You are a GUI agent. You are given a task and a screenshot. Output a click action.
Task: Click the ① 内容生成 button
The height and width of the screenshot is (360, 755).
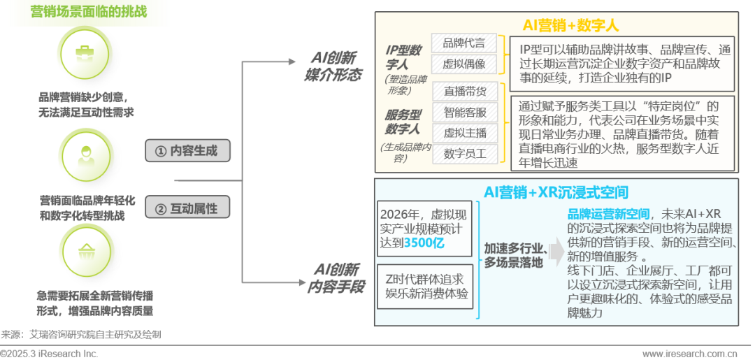point(187,150)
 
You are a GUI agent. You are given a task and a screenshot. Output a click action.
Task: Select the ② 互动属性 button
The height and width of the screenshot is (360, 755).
point(187,208)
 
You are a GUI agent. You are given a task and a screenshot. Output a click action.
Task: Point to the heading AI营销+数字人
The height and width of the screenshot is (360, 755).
point(570,25)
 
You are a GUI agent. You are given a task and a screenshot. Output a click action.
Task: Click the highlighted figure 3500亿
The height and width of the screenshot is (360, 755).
point(427,243)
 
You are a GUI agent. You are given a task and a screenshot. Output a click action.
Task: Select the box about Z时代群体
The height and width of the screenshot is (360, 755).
point(424,283)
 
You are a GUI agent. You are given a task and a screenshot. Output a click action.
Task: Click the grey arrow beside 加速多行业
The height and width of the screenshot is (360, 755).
point(554,249)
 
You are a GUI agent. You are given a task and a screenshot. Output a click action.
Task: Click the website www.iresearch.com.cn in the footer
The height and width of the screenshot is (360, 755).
point(690,353)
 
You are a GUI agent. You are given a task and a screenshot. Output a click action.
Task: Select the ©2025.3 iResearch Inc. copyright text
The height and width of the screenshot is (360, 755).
point(49,353)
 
